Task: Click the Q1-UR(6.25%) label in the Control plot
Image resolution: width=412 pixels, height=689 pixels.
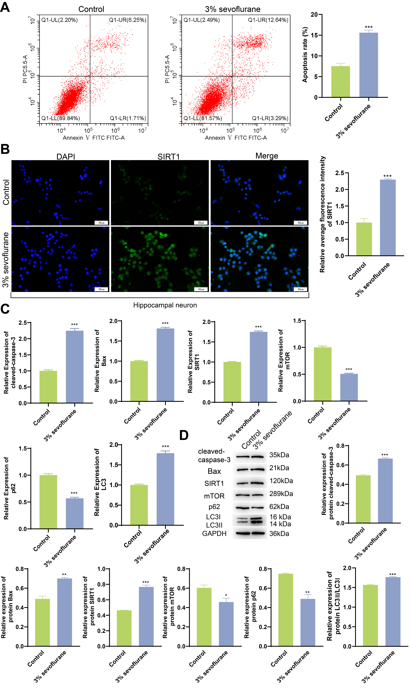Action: (127, 20)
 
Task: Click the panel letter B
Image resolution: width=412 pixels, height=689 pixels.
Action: (5, 149)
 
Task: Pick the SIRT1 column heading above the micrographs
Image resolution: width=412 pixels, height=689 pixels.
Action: (169, 157)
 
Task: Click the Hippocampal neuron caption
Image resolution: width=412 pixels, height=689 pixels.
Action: (165, 305)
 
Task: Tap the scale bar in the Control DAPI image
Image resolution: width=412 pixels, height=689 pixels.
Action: (101, 223)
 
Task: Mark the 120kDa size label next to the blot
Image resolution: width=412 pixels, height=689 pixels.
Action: (281, 481)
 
